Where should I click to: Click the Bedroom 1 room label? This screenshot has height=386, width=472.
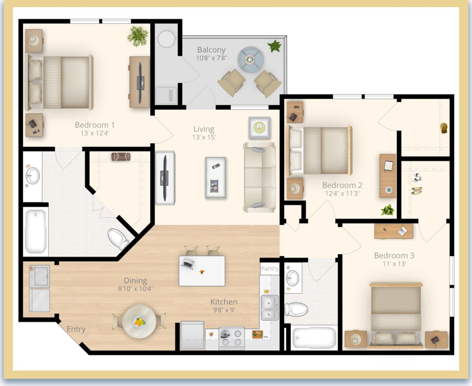point(95,125)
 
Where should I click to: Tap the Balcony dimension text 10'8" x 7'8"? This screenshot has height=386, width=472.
point(211,58)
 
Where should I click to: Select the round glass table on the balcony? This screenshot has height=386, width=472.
point(251,59)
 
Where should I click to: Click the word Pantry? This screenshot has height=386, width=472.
point(269,268)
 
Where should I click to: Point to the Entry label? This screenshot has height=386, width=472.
point(76,329)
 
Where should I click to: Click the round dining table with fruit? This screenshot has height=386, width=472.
point(139,321)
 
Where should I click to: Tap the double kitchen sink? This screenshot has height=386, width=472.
point(269,307)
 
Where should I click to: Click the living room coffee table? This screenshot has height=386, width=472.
point(215,177)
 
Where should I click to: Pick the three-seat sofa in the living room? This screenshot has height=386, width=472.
point(260,177)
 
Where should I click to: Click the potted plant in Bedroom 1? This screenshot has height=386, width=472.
point(138,36)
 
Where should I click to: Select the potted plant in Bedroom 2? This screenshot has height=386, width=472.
point(387,210)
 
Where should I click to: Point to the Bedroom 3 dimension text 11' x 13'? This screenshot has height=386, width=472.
point(394,264)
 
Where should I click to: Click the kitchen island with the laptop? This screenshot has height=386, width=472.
point(202,271)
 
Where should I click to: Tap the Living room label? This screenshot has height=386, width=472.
point(204,129)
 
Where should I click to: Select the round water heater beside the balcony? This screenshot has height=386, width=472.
point(166,39)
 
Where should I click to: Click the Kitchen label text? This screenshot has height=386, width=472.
point(224,302)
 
